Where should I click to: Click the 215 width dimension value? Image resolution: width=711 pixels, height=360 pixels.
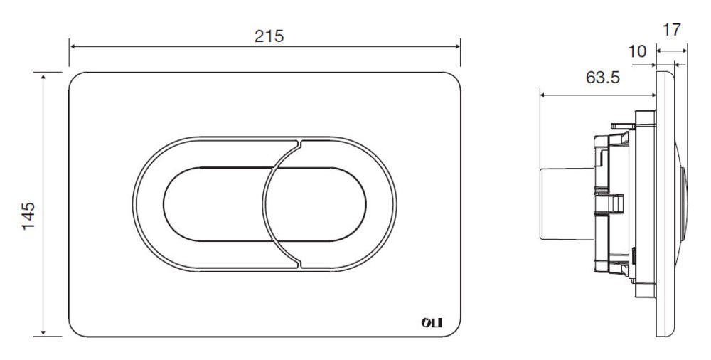tap(269, 36)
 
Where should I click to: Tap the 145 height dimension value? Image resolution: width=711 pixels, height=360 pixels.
tap(28, 216)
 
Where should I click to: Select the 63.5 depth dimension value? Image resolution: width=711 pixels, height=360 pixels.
tap(603, 77)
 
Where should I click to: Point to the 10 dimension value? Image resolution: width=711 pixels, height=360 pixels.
tap(637, 52)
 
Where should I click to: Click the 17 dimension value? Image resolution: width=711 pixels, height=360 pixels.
tap(672, 30)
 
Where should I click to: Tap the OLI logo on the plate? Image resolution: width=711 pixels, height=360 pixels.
tap(432, 323)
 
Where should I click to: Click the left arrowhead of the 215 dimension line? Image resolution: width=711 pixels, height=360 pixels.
tap(73, 46)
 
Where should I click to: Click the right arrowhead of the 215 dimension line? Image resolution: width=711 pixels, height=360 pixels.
tap(456, 46)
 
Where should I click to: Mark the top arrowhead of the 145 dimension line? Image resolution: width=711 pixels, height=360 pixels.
tap(43, 76)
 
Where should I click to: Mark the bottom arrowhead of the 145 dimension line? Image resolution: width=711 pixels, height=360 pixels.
tap(43, 332)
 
